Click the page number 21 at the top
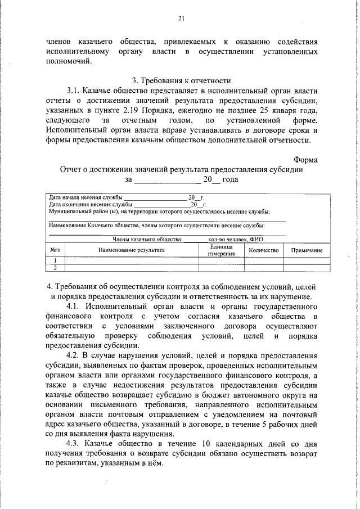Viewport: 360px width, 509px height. [181, 19]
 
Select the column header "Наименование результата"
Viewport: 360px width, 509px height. [132, 250]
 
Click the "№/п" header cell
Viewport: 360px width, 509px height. [55, 250]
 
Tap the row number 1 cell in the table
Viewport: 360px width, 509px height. [55, 260]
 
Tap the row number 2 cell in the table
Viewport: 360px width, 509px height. [55, 268]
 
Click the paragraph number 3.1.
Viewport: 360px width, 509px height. [75, 90]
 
